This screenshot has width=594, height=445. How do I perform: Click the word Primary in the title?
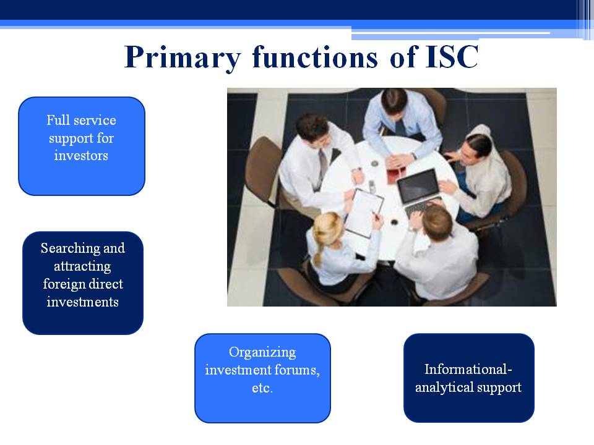[183, 58]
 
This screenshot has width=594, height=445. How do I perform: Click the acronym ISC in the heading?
[452, 57]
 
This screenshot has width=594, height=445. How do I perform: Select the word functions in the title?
[315, 57]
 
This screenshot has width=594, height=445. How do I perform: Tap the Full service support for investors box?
[82, 146]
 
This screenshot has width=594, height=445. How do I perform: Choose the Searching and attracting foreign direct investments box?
[83, 283]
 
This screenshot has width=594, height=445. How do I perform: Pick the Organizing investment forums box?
[262, 378]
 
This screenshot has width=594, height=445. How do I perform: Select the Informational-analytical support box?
[469, 378]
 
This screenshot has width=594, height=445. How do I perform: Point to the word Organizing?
[262, 353]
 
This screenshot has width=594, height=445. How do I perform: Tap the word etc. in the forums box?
[262, 388]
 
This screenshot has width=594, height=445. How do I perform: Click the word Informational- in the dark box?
[468, 369]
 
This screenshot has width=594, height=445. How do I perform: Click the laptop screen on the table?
[419, 185]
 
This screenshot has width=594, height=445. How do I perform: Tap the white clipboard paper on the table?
[364, 212]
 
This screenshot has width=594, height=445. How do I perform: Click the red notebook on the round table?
[396, 174]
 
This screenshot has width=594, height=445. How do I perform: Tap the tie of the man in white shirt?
[322, 166]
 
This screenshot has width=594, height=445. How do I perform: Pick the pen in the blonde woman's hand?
[376, 216]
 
